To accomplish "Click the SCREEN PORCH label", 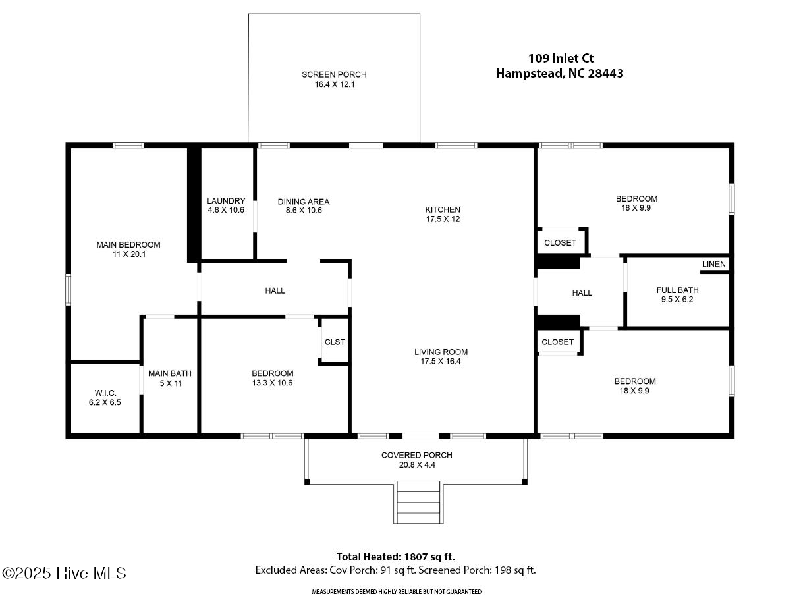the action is tap(334, 74).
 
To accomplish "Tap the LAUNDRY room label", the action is tap(226, 201).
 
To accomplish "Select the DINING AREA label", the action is tap(304, 202).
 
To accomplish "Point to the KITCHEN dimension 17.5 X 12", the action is tap(443, 219).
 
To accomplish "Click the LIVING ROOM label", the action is tap(441, 352).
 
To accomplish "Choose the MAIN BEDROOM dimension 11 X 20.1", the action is tap(129, 254).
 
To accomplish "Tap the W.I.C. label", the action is tap(105, 393).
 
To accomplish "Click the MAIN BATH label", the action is tap(170, 373).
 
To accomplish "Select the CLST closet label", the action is tap(335, 342).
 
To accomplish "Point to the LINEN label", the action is tap(714, 264).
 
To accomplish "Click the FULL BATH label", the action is tap(677, 290).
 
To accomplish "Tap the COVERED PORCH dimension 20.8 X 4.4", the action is tap(417, 465).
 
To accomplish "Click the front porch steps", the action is tap(418, 503).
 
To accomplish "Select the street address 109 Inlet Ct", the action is tap(561, 58).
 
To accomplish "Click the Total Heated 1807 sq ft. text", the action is tap(396, 557).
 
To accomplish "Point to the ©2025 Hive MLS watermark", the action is tap(65, 573).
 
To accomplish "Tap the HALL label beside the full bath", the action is tap(582, 293).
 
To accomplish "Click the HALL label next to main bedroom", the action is tap(275, 290).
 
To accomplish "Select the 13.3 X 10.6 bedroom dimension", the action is tap(272, 383).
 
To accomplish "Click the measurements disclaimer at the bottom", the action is tap(397, 591).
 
